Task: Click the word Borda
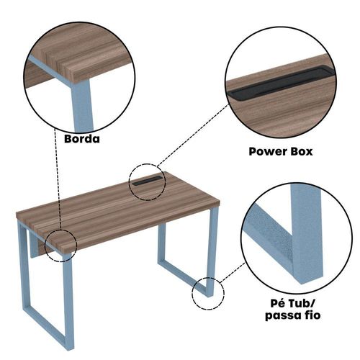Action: coord(82,139)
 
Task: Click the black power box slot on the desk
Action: coord(147,181)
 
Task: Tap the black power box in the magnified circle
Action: coord(281,82)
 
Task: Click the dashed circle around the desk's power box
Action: coord(129,182)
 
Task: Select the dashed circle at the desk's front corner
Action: coord(45,246)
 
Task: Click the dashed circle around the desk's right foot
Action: coord(192,294)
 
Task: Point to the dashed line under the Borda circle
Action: coord(58,179)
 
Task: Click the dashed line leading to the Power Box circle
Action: coord(193,135)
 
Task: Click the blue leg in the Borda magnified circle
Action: coord(82,106)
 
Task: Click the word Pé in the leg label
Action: coord(278,303)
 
